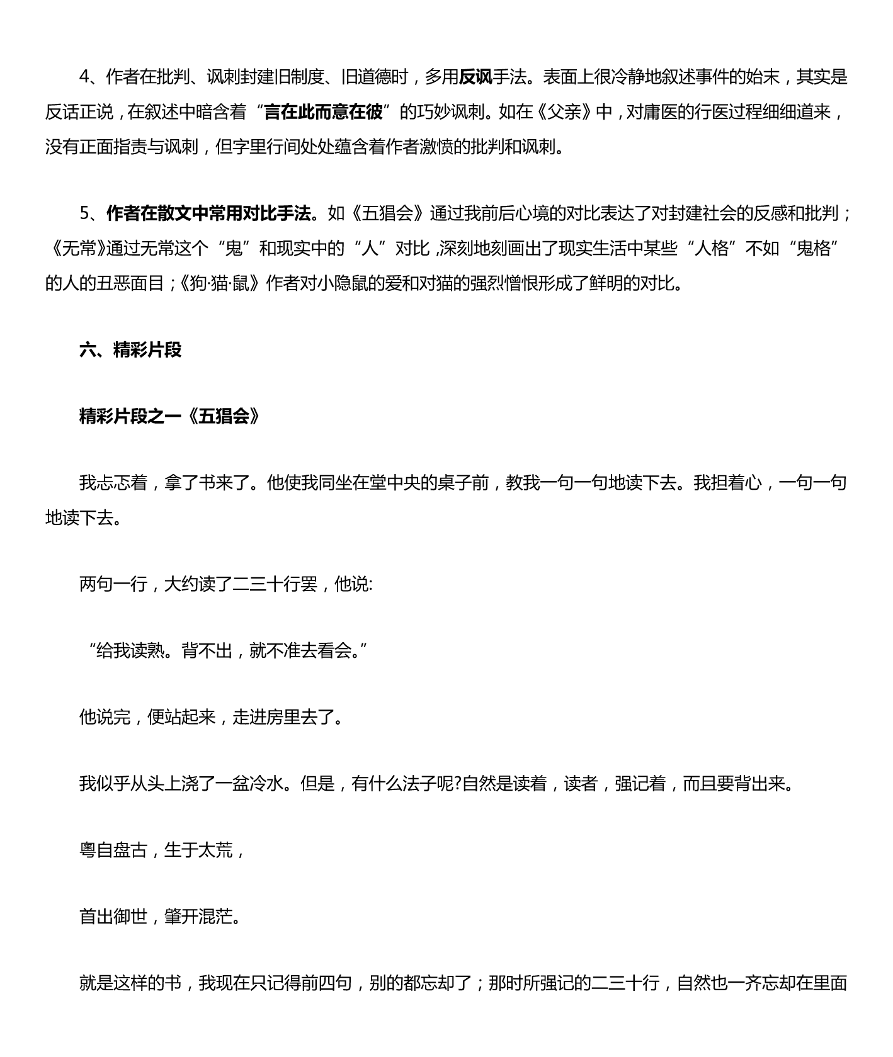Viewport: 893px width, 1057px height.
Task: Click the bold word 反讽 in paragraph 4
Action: (x=475, y=77)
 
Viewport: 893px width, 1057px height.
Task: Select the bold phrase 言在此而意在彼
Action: (x=323, y=112)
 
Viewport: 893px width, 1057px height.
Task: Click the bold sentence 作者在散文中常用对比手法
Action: (x=209, y=214)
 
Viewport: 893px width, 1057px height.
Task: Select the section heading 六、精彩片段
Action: (x=130, y=350)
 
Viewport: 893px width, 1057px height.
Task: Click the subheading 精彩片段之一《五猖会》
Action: (x=169, y=417)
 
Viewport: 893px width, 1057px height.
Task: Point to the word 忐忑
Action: (x=113, y=483)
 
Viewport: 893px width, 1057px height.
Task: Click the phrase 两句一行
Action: (x=113, y=584)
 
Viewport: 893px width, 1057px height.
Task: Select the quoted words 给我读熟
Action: (x=131, y=651)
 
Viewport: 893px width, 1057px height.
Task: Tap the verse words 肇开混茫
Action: (x=198, y=917)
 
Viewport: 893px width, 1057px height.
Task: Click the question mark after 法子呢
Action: (x=458, y=784)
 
